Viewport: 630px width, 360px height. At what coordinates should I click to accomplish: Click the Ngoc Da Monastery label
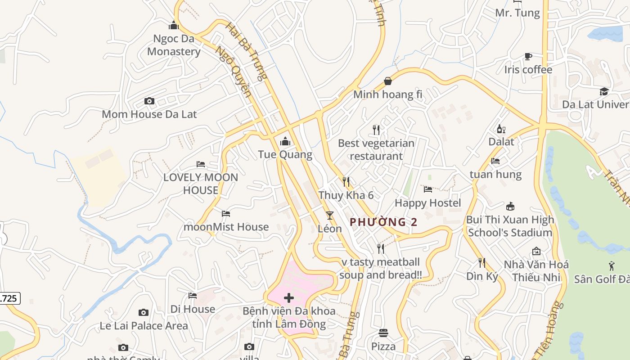(174, 45)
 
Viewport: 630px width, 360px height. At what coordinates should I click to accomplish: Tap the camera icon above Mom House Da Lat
(149, 101)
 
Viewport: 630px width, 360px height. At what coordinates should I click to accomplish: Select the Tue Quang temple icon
(285, 142)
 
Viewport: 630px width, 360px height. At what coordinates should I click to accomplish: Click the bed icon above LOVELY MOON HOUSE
(201, 164)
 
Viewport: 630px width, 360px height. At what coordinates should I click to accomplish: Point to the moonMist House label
(226, 227)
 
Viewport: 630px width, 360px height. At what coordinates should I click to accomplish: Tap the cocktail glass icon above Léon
(330, 215)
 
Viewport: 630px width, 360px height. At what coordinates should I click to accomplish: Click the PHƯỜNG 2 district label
(383, 222)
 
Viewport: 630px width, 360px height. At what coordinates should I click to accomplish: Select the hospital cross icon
(289, 297)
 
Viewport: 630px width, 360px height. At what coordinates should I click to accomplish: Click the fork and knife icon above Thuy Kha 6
(346, 182)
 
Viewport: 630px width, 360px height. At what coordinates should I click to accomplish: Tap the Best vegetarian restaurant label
(376, 149)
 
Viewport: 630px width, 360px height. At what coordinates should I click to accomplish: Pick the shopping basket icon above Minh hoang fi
(388, 81)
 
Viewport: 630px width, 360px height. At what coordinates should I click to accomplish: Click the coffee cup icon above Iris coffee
(528, 56)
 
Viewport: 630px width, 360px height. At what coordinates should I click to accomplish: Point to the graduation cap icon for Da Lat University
(604, 92)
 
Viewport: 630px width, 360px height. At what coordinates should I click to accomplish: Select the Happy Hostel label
(428, 203)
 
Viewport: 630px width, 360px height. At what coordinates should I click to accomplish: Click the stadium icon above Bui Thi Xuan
(510, 207)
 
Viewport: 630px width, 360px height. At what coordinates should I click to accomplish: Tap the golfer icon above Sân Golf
(612, 266)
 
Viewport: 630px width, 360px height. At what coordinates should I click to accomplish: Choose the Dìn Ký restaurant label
(482, 276)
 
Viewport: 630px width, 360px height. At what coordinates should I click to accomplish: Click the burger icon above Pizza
(383, 333)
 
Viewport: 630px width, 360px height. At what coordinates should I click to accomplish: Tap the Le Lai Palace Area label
(144, 325)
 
